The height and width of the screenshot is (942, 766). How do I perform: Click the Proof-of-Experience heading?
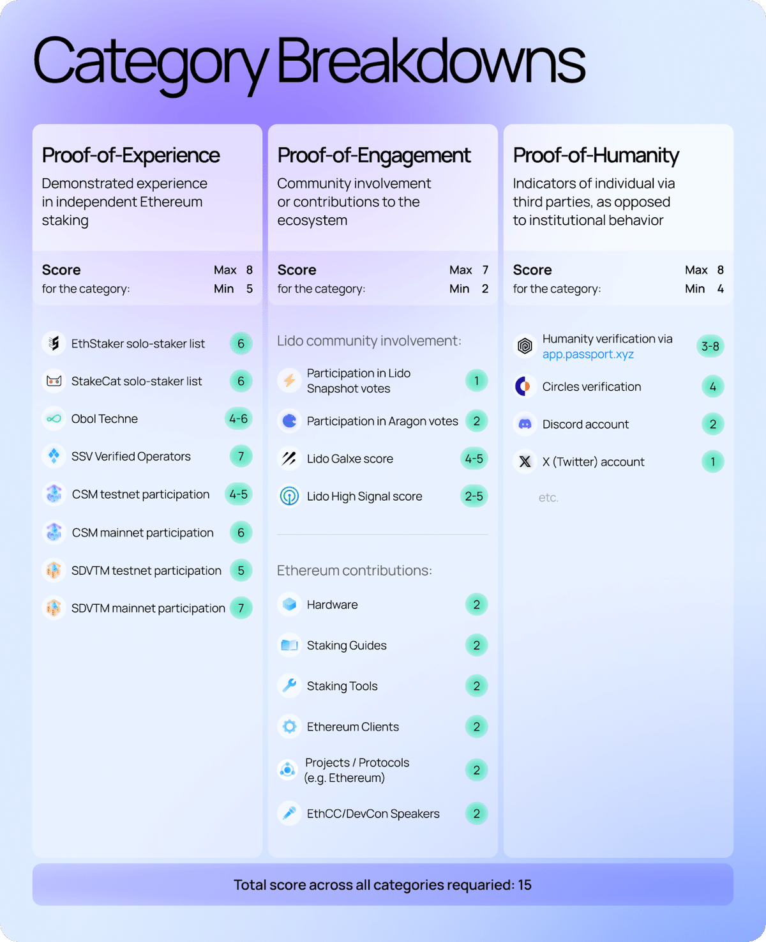pyautogui.click(x=131, y=155)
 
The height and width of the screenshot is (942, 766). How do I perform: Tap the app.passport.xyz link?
pyautogui.click(x=588, y=354)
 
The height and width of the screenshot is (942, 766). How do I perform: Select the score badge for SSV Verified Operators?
pyautogui.click(x=241, y=456)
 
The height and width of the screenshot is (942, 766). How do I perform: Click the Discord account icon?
pyautogui.click(x=525, y=424)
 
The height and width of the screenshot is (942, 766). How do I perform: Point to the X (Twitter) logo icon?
pyautogui.click(x=525, y=462)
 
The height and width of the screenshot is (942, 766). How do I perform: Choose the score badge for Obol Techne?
pyautogui.click(x=239, y=418)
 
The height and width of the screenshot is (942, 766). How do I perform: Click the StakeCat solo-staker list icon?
pyautogui.click(x=54, y=381)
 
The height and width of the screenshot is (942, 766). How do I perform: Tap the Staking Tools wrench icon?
pyautogui.click(x=289, y=686)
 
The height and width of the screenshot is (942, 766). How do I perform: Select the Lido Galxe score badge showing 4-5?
pyautogui.click(x=474, y=459)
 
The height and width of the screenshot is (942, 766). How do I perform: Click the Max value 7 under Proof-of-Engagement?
pyautogui.click(x=485, y=270)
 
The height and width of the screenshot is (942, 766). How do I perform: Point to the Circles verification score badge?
pyautogui.click(x=712, y=386)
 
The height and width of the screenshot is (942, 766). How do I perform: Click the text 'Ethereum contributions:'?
pyautogui.click(x=354, y=570)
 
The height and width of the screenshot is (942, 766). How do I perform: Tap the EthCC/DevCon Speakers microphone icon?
pyautogui.click(x=289, y=813)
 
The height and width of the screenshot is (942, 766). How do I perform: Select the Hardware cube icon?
pyautogui.click(x=289, y=604)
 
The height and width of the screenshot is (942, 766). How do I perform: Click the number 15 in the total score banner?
pyautogui.click(x=525, y=885)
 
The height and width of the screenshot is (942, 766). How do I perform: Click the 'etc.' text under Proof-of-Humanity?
pyautogui.click(x=548, y=498)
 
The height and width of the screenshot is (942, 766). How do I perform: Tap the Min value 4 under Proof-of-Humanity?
pyautogui.click(x=721, y=289)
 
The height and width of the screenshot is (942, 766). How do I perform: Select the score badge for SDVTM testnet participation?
pyautogui.click(x=241, y=570)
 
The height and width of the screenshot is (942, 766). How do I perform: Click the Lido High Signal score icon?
pyautogui.click(x=289, y=496)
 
